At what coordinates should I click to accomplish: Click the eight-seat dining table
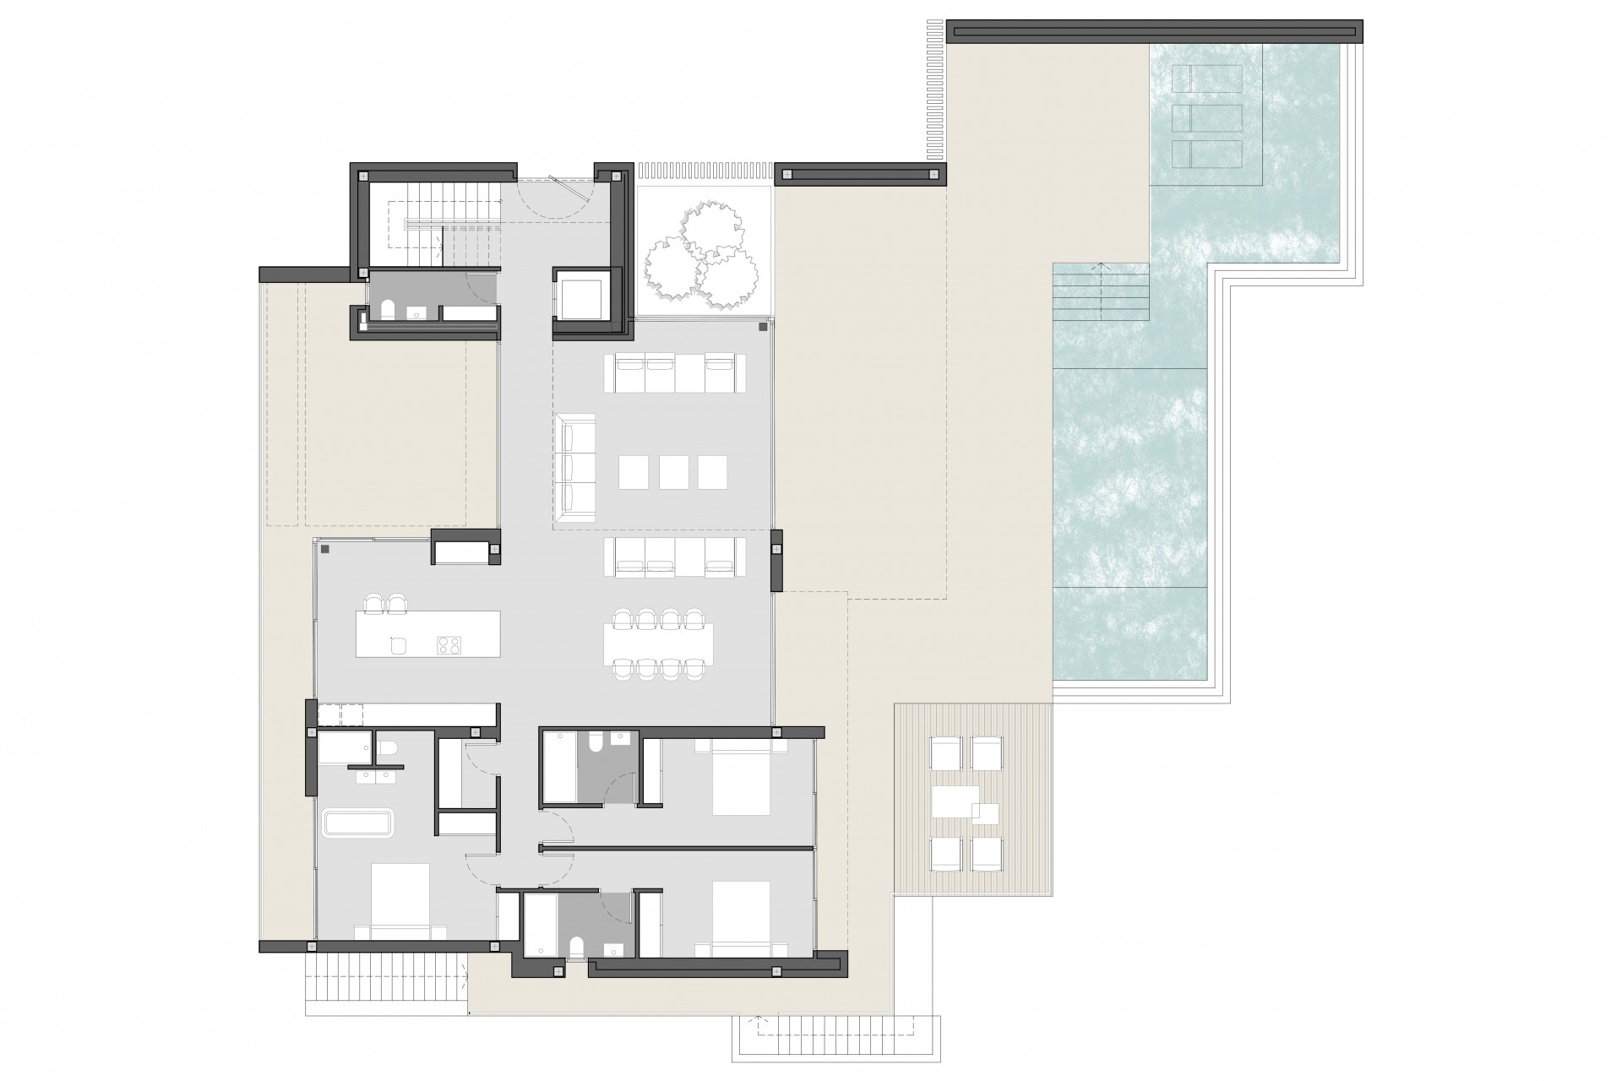tap(658, 644)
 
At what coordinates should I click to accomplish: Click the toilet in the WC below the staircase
tap(388, 311)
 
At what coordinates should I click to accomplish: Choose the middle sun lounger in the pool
tap(1207, 117)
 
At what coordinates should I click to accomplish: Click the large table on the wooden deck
tap(955, 802)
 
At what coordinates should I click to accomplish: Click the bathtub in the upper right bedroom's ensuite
tap(558, 768)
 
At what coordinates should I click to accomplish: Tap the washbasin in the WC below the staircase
tap(416, 313)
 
